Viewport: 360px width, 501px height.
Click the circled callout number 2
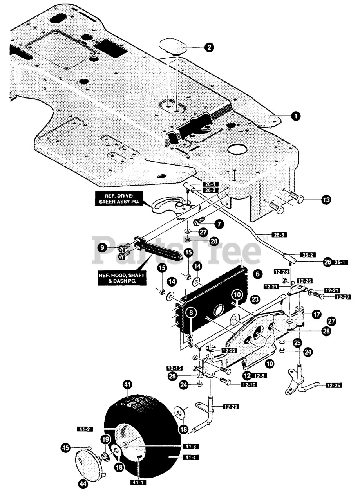(208, 47)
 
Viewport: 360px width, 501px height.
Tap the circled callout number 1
(297, 116)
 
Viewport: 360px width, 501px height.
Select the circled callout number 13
(326, 199)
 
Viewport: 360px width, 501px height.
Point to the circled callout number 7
(219, 223)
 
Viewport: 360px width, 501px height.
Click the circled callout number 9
(102, 248)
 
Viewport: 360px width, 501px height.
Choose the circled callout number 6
(257, 274)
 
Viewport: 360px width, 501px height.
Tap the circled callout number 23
(255, 300)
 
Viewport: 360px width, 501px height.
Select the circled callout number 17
(317, 315)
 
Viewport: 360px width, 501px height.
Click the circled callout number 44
(83, 484)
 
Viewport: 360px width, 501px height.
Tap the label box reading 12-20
(231, 407)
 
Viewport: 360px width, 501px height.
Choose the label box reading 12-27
(343, 297)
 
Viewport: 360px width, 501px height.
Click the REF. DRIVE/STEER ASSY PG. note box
(119, 198)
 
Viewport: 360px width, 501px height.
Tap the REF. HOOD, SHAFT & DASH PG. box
(122, 278)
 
